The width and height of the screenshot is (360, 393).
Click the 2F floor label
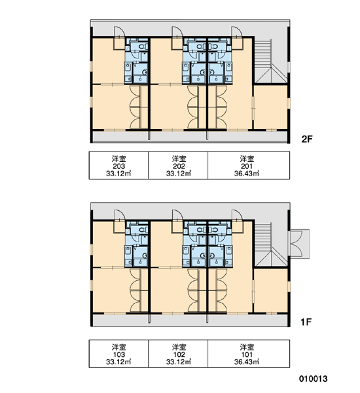point(307,139)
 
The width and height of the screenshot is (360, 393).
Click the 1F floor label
point(306,322)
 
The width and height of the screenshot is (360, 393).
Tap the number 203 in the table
point(118,166)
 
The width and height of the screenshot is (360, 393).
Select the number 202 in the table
point(179,166)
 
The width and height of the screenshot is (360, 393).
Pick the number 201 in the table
point(247,166)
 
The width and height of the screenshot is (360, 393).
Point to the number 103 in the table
point(118,354)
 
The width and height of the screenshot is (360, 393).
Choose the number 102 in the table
point(179,354)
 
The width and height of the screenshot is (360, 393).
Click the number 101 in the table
point(247,354)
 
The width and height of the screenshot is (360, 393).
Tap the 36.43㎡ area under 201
point(247,174)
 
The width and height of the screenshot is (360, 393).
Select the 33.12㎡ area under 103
point(118,362)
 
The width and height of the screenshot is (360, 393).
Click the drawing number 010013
point(313,379)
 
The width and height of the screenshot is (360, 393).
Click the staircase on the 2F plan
point(268,61)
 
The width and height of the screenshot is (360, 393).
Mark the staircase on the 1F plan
point(268,244)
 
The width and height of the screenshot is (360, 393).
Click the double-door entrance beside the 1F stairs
point(299,244)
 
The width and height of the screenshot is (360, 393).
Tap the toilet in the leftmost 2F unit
point(143,47)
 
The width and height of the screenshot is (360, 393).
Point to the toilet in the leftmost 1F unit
point(143,230)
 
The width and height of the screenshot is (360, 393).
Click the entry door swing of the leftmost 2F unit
point(119,32)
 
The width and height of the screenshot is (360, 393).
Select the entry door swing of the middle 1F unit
point(177,215)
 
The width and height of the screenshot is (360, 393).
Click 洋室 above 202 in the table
point(179,159)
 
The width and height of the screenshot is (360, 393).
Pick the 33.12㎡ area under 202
point(179,174)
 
